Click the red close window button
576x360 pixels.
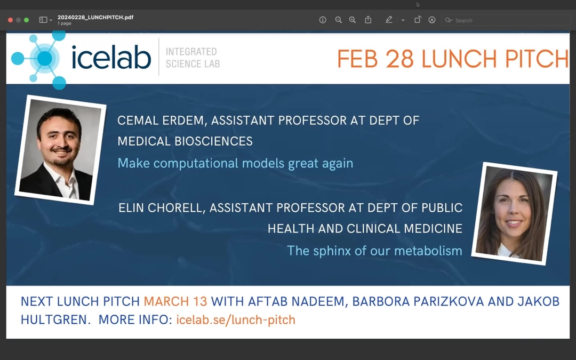click(x=10, y=20)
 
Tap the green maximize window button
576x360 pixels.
click(x=27, y=20)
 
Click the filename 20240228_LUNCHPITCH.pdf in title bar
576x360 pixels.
click(x=95, y=17)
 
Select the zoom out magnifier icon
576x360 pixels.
click(x=338, y=20)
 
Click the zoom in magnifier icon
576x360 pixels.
click(x=353, y=20)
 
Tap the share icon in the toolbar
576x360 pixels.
click(x=368, y=20)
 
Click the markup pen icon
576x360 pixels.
click(x=389, y=20)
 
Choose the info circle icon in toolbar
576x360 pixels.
click(x=323, y=20)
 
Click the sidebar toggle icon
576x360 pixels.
click(x=43, y=20)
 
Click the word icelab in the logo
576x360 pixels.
click(x=111, y=58)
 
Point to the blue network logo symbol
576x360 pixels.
click(x=41, y=59)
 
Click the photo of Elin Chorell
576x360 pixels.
click(x=514, y=214)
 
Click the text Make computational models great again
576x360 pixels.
click(x=235, y=163)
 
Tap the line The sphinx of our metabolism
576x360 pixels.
click(x=374, y=250)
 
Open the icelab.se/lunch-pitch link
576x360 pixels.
click(x=235, y=320)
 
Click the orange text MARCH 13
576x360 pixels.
click(x=175, y=301)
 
